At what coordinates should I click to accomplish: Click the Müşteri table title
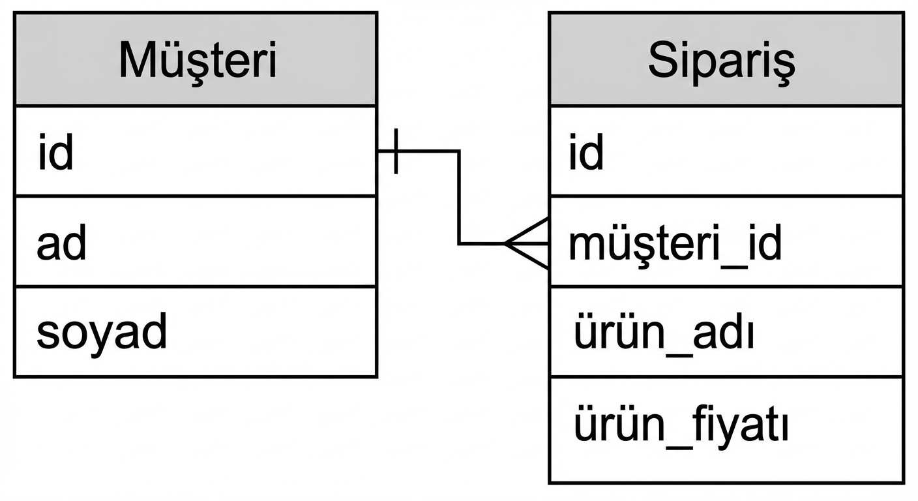[x=198, y=61]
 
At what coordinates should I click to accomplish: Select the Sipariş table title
[x=722, y=61]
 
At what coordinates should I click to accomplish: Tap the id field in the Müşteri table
[x=55, y=153]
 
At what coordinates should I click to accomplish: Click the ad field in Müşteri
[x=61, y=244]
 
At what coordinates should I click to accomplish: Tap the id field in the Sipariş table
[x=586, y=153]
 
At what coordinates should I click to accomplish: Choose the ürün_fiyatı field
[x=681, y=426]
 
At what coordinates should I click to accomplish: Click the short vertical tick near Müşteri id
[x=396, y=151]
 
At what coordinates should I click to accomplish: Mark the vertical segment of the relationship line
[x=459, y=198]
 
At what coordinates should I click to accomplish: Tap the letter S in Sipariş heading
[x=662, y=61]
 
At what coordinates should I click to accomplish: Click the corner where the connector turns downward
[x=459, y=151]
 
